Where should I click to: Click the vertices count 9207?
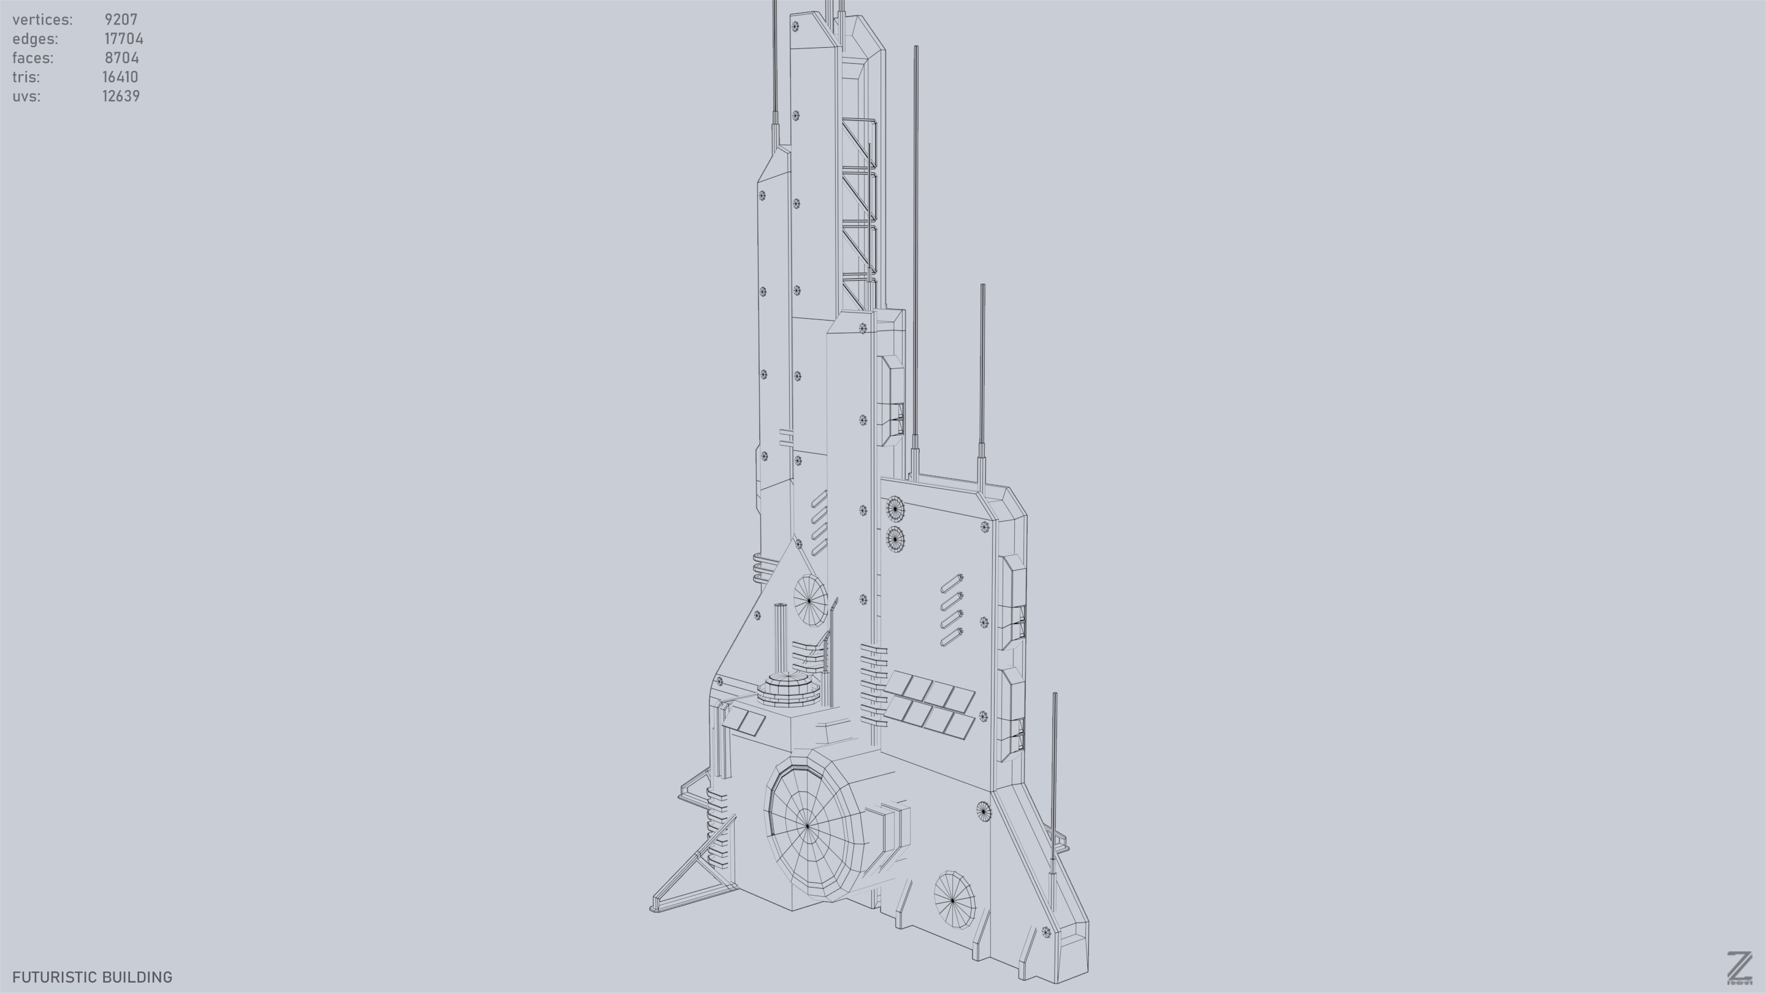[121, 20]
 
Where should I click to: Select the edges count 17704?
[123, 39]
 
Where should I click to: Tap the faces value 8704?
[121, 58]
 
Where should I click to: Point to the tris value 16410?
[120, 77]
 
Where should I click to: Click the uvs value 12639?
[121, 97]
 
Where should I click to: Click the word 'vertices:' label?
[42, 20]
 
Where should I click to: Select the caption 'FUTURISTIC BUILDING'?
[92, 977]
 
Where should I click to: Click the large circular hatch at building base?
[808, 826]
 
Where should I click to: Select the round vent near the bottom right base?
[954, 899]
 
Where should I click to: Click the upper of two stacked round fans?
[895, 509]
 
